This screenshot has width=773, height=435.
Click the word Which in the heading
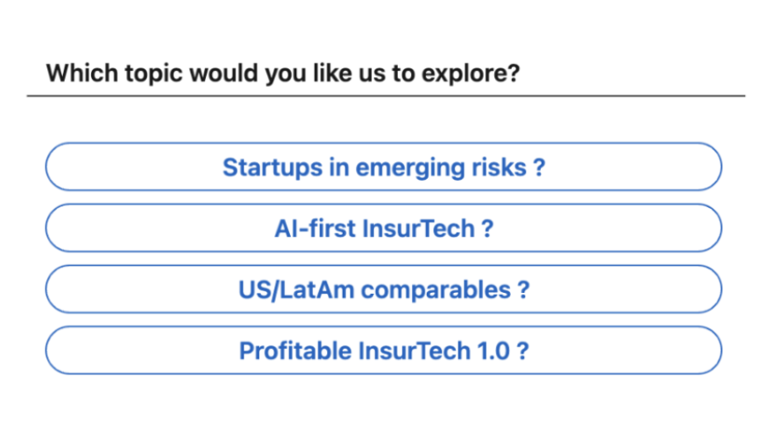pos(82,73)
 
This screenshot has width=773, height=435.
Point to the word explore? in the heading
pos(471,74)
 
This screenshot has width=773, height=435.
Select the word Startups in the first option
pos(273,168)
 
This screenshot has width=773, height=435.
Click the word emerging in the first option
pos(409,168)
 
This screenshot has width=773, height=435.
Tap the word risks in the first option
pos(499,168)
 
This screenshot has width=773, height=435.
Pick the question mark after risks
pos(539,168)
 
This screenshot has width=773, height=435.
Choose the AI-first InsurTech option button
pos(384,228)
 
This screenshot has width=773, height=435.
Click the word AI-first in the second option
pos(315,228)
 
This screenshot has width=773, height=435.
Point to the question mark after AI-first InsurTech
pos(487,228)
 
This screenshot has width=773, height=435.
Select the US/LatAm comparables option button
pos(384,289)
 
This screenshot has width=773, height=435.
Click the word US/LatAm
pos(296,290)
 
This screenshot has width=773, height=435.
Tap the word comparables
pos(436,290)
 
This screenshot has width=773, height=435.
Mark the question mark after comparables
pos(523,289)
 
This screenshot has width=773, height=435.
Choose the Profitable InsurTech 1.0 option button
pos(384,350)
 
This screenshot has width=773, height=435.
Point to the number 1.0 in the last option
pos(493,351)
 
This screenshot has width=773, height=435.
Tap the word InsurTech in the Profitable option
pos(414,351)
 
